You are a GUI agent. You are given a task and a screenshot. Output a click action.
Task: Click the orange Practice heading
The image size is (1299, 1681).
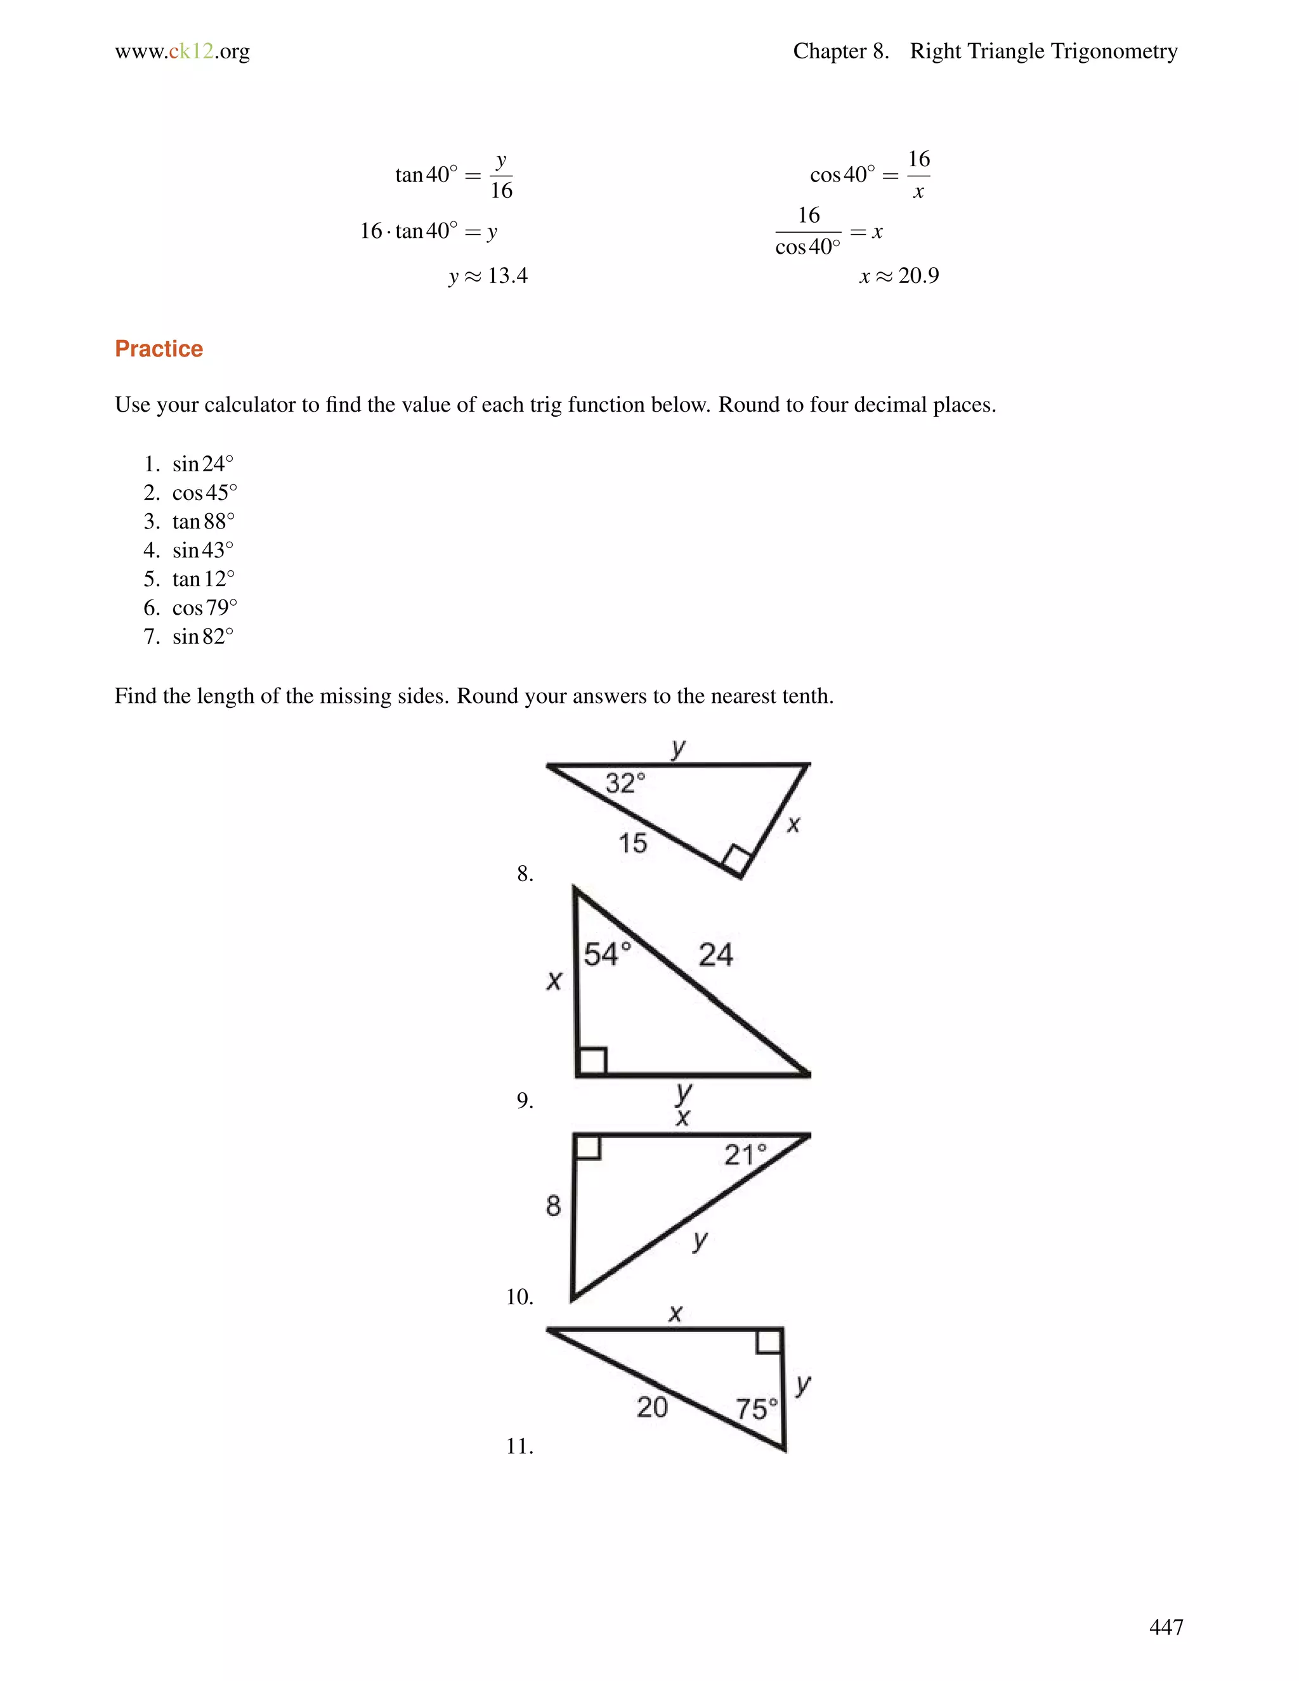[159, 349]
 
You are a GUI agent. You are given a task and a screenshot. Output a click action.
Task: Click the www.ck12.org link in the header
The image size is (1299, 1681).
[183, 51]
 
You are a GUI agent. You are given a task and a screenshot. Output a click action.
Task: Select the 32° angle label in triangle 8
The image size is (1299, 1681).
[625, 783]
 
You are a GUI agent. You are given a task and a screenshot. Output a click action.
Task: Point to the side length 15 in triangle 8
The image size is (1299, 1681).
[632, 843]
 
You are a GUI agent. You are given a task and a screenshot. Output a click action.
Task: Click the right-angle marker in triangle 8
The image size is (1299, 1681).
[737, 859]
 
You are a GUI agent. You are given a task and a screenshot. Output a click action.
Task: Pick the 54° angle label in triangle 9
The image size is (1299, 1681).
[607, 955]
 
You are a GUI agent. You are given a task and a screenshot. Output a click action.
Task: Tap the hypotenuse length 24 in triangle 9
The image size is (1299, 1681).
[715, 955]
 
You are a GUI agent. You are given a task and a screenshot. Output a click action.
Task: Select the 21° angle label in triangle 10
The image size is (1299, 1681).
[745, 1154]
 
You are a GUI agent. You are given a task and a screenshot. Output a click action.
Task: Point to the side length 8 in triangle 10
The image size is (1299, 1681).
[553, 1205]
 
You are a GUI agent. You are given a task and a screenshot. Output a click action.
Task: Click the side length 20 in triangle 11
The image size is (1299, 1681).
[652, 1407]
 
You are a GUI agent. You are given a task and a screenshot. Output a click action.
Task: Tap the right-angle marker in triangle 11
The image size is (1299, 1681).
[769, 1342]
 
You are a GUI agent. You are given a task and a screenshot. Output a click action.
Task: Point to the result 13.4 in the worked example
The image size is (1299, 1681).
[507, 275]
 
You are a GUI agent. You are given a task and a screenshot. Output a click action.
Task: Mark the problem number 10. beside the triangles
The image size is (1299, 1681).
[519, 1297]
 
